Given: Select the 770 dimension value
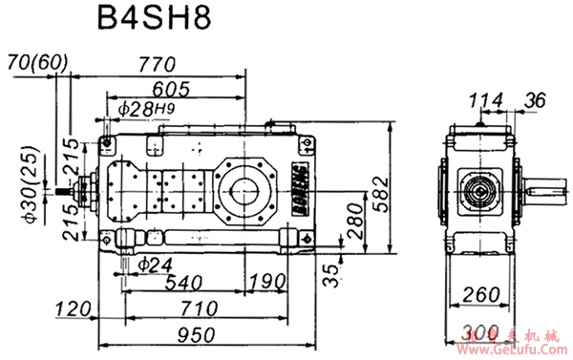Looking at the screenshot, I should click(x=154, y=65).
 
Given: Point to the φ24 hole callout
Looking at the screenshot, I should click(x=154, y=262).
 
